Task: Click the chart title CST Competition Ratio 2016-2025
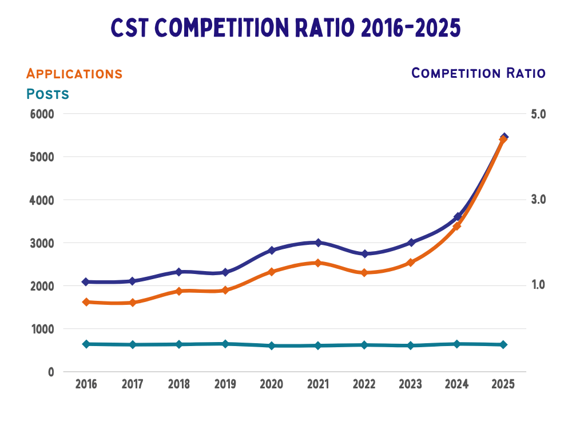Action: pyautogui.click(x=285, y=27)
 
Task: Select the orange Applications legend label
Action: pyautogui.click(x=74, y=74)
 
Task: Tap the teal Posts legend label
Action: pyautogui.click(x=47, y=94)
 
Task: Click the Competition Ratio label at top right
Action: pyautogui.click(x=478, y=73)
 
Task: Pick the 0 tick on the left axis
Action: pyautogui.click(x=50, y=372)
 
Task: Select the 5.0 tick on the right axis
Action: pyautogui.click(x=538, y=114)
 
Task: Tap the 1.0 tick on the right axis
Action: pyautogui.click(x=538, y=285)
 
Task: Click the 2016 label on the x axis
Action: pyautogui.click(x=86, y=384)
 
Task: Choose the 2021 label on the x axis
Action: pyautogui.click(x=317, y=384)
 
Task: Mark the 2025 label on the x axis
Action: pyautogui.click(x=503, y=384)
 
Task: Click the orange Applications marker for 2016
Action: pyautogui.click(x=86, y=302)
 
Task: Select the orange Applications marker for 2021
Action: pyautogui.click(x=317, y=263)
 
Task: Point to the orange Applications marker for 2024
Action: pyautogui.click(x=457, y=226)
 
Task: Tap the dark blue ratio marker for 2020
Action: pyautogui.click(x=272, y=251)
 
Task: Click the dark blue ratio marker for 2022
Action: pyautogui.click(x=364, y=253)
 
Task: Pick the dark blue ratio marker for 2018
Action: pyautogui.click(x=179, y=272)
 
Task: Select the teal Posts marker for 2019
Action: pyautogui.click(x=225, y=344)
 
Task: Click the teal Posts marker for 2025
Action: pyautogui.click(x=503, y=344)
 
